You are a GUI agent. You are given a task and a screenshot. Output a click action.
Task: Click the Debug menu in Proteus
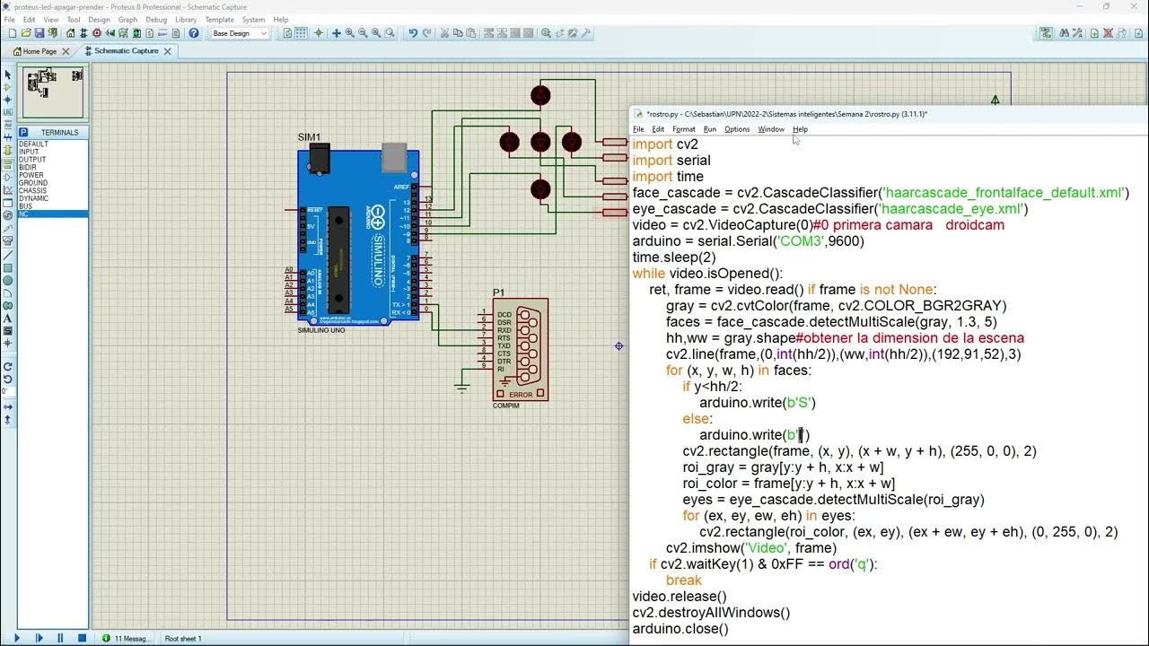[156, 19]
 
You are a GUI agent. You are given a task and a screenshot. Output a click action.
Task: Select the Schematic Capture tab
[126, 51]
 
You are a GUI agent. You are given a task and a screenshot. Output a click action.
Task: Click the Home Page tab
[39, 51]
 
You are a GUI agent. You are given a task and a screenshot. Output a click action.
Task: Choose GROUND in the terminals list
[33, 183]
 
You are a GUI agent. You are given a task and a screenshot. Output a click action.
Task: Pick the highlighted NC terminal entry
[24, 214]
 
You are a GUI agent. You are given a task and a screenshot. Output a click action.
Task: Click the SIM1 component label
[309, 137]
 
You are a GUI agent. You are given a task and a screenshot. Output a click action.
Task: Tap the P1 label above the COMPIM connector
[498, 292]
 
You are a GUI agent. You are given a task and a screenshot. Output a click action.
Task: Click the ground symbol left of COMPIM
[461, 387]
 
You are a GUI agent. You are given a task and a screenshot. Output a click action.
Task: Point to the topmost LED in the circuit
[540, 95]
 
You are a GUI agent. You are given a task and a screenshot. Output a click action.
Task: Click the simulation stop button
[82, 638]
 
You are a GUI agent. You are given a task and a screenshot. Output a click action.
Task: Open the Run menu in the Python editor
[709, 129]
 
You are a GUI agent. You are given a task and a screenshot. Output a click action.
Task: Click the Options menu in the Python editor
[736, 129]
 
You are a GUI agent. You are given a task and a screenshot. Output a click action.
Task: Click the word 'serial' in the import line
[693, 161]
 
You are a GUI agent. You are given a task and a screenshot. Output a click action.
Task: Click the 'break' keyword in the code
[683, 581]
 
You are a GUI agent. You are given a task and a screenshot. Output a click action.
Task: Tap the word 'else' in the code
[697, 419]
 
